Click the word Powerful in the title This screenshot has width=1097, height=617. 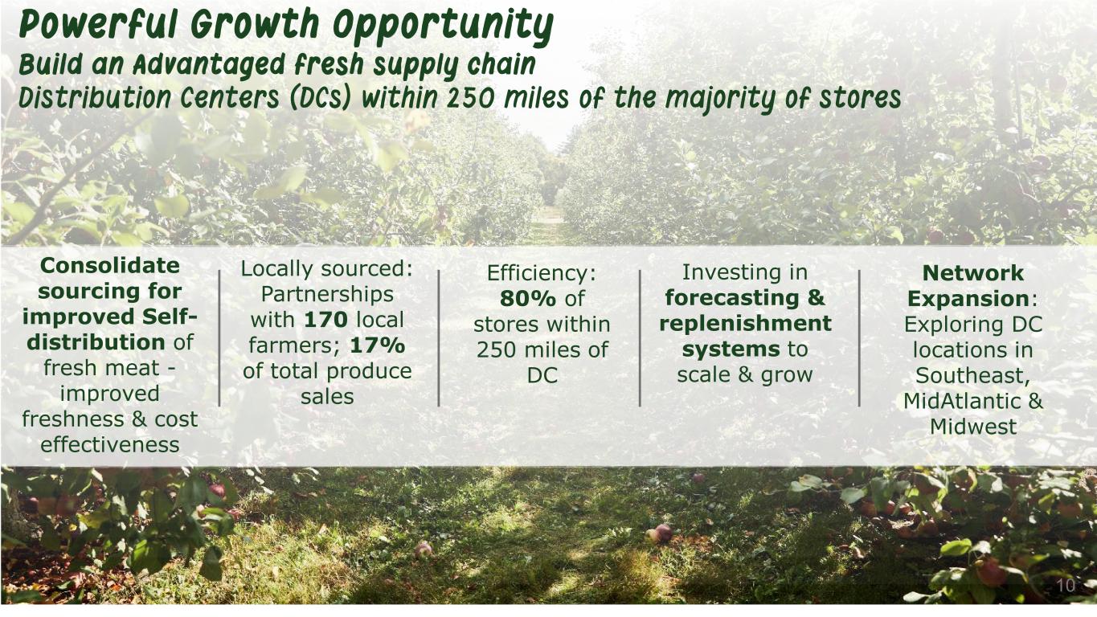click(97, 24)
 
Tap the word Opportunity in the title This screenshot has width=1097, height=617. click(443, 27)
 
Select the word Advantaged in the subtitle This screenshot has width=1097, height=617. click(209, 66)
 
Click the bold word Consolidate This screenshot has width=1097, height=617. click(109, 266)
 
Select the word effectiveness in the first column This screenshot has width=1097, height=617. click(109, 444)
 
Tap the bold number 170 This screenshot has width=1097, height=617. click(325, 320)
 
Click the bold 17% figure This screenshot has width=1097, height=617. click(378, 345)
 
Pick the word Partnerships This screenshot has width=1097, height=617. click(327, 294)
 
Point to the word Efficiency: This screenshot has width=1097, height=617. click(542, 273)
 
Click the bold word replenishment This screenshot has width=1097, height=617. click(745, 324)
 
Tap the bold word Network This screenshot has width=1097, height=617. click(972, 273)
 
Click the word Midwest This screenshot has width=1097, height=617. click(972, 427)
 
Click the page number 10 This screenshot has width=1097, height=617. click(1066, 586)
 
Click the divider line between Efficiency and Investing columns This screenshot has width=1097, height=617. click(640, 338)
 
